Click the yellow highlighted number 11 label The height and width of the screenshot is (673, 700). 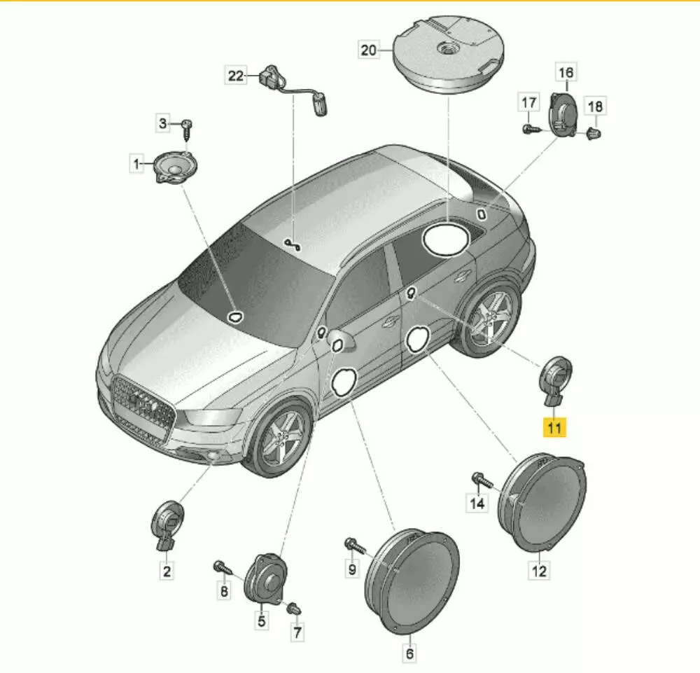click(x=554, y=428)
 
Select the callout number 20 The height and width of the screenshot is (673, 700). click(x=368, y=50)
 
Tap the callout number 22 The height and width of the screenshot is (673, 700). click(x=236, y=75)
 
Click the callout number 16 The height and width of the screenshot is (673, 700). click(x=566, y=72)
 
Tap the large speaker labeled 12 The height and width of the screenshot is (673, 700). click(x=542, y=502)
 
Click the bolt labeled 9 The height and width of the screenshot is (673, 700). click(x=355, y=546)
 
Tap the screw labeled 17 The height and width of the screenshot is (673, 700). click(x=531, y=130)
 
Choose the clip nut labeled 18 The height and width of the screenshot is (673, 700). click(x=594, y=132)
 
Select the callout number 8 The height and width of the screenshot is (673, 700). click(x=224, y=590)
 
